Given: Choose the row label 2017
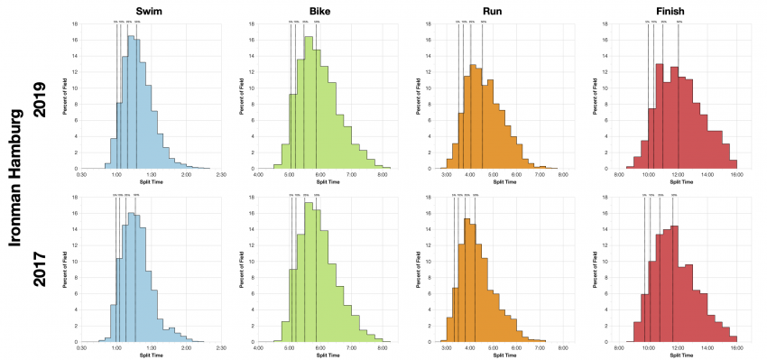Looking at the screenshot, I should tap(39, 267).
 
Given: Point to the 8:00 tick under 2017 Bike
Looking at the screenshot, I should tap(382, 347).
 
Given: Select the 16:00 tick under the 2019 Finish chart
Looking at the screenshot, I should tap(735, 174).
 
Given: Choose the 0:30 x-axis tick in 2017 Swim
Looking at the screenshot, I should tap(82, 347).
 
